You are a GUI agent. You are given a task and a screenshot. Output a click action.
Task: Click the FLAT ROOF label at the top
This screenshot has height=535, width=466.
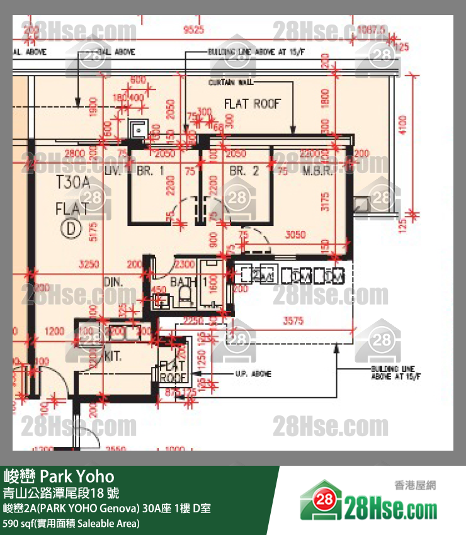pos(253,104)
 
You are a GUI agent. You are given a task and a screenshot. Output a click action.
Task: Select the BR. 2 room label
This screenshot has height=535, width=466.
pos(244,171)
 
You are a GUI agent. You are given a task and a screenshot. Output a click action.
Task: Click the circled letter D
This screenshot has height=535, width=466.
pos(70,228)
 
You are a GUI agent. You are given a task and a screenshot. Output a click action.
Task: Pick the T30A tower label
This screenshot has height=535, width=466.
pos(74,184)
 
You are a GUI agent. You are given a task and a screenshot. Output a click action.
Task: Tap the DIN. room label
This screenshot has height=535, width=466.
pos(113,283)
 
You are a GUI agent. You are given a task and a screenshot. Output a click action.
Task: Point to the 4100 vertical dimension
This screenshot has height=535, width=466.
pos(404,125)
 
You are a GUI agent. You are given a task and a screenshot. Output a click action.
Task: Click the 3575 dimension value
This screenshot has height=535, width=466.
pos(293,320)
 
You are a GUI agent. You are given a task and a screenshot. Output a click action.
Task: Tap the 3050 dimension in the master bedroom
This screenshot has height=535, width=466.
pos(295,235)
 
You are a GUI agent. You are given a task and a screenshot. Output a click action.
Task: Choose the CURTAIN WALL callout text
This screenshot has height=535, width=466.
pos(231,82)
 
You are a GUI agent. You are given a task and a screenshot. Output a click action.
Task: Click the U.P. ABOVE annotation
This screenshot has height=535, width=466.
pos(252,374)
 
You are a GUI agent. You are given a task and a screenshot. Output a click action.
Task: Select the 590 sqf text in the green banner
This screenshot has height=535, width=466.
pos(19,523)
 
